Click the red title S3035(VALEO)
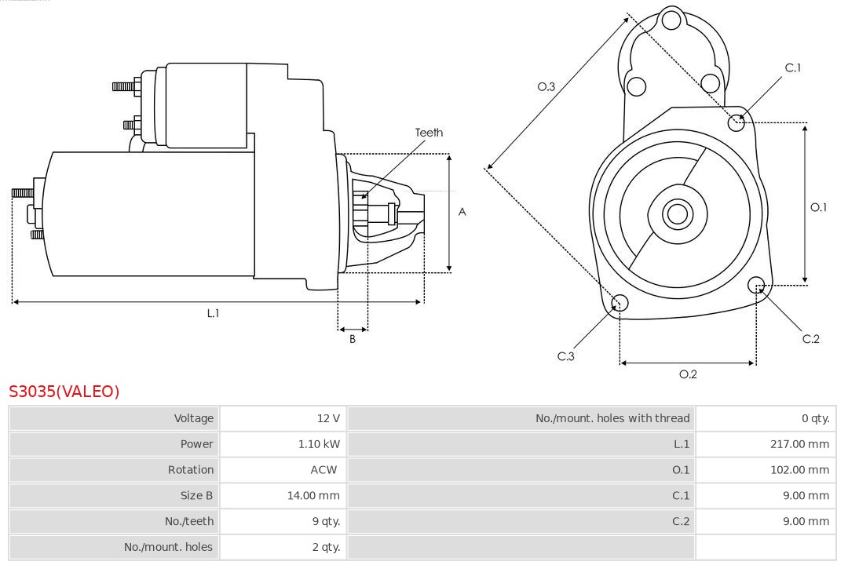pyautogui.click(x=64, y=392)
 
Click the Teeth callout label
pyautogui.click(x=429, y=133)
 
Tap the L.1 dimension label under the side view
pyautogui.click(x=213, y=313)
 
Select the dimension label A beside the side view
pyautogui.click(x=462, y=212)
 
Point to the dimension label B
pyautogui.click(x=353, y=340)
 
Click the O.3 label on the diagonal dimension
pyautogui.click(x=546, y=86)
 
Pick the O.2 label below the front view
pyautogui.click(x=688, y=374)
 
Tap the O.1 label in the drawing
pyautogui.click(x=818, y=207)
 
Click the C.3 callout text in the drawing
pyautogui.click(x=566, y=356)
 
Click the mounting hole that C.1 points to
pyautogui.click(x=737, y=122)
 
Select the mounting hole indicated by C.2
pyautogui.click(x=757, y=284)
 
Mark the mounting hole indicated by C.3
pyautogui.click(x=620, y=304)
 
